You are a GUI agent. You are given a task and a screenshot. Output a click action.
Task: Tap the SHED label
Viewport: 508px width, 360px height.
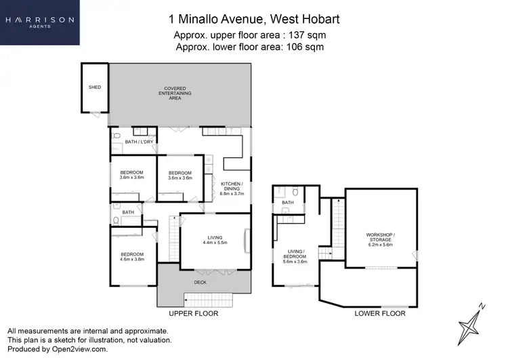[94, 87]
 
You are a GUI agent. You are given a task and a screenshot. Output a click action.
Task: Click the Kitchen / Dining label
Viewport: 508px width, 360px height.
[231, 188]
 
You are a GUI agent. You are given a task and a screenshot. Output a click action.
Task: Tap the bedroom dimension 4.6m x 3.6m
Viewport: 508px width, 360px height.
[132, 258]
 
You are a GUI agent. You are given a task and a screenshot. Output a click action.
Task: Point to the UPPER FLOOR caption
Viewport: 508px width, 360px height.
[192, 314]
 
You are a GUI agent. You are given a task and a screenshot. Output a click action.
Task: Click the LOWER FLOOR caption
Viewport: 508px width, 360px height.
[379, 314]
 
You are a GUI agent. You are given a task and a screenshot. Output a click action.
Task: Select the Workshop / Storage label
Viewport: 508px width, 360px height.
[379, 238]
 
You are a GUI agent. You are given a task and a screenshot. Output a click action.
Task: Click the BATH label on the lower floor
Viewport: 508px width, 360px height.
[287, 202]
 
